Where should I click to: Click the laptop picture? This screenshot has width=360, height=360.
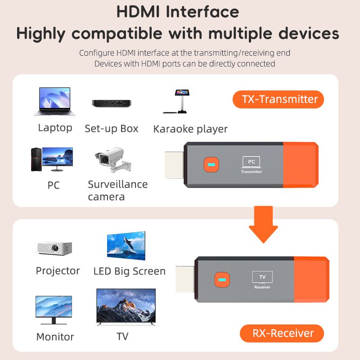point(52,102)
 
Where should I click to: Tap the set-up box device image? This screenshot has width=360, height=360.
point(111,103)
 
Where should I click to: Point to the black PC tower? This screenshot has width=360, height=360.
point(36,159)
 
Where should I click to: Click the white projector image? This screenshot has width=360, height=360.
point(54,248)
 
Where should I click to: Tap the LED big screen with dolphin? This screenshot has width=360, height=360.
point(126,246)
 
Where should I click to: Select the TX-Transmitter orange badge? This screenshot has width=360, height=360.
point(278,99)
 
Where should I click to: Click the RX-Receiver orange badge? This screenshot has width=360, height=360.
point(282,333)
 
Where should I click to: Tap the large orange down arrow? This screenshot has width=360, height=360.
point(263,224)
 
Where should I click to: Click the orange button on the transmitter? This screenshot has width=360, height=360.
point(210,164)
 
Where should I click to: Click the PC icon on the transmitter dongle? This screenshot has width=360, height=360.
point(251,162)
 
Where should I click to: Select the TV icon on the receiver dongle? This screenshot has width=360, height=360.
point(262,277)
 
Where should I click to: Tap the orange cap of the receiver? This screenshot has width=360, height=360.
point(311,279)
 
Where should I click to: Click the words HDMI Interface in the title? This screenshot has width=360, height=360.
point(177,12)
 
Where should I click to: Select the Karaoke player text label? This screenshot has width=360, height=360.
point(190,129)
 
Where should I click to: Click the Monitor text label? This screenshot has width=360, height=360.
point(55,337)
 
